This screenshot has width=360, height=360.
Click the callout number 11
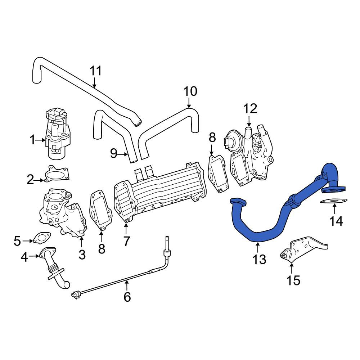[95, 71]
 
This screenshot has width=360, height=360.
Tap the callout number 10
[190, 91]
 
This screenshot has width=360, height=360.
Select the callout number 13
[259, 259]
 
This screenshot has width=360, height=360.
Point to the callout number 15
[293, 280]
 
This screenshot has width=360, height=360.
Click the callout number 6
[127, 297]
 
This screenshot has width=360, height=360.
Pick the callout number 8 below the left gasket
[102, 248]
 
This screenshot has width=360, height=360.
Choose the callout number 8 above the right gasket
[212, 138]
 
